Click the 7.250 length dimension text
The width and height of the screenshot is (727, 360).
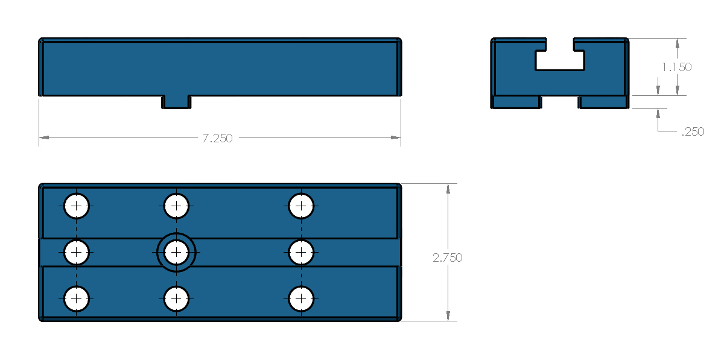pyautogui.click(x=217, y=139)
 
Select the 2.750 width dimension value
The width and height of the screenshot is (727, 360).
pyautogui.click(x=448, y=258)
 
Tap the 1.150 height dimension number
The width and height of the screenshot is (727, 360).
pyautogui.click(x=677, y=67)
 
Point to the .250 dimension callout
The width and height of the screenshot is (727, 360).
pyautogui.click(x=693, y=131)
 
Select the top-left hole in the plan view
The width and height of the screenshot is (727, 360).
pyautogui.click(x=76, y=206)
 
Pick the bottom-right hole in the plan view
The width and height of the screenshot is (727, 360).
pyautogui.click(x=301, y=298)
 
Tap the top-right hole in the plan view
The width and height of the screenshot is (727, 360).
pyautogui.click(x=301, y=206)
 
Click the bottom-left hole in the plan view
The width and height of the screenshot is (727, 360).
pyautogui.click(x=76, y=298)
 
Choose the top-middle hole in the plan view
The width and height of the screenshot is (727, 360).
pyautogui.click(x=176, y=206)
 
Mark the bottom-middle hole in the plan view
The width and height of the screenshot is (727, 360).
pyautogui.click(x=176, y=298)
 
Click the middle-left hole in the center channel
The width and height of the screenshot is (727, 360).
pyautogui.click(x=76, y=252)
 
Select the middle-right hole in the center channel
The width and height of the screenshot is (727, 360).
pyautogui.click(x=301, y=252)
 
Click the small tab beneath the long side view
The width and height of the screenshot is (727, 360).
pyautogui.click(x=176, y=102)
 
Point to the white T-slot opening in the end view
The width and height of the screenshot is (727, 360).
pyautogui.click(x=560, y=61)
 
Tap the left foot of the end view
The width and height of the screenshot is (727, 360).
pyautogui.click(x=516, y=102)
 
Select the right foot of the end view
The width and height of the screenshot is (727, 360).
pyautogui.click(x=603, y=102)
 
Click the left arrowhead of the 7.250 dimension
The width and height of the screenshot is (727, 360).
pyautogui.click(x=44, y=137)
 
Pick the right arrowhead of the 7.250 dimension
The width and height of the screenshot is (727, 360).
pyautogui.click(x=396, y=137)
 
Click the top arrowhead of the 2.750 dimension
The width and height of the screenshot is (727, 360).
pyautogui.click(x=448, y=189)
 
